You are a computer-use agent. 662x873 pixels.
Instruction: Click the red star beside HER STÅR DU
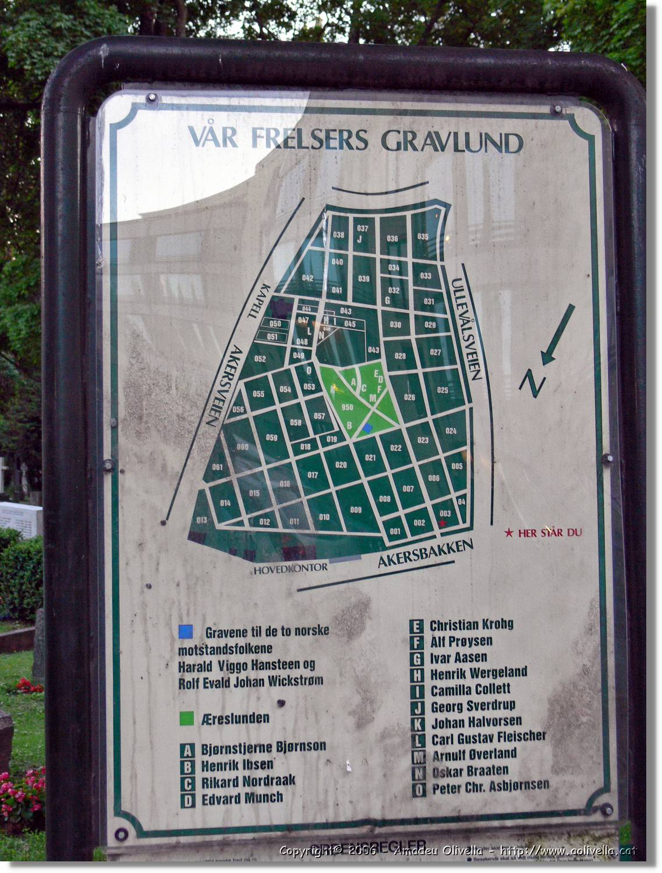509,533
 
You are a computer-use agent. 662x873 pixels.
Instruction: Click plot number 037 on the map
363,228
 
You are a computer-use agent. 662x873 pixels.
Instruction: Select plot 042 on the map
307,278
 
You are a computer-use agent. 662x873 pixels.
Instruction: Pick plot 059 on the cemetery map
271,438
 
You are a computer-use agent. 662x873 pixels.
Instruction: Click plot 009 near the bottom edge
355,510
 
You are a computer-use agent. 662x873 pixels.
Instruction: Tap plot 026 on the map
409,398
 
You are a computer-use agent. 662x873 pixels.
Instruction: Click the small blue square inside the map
367,428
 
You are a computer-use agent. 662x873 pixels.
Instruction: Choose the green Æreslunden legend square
186,718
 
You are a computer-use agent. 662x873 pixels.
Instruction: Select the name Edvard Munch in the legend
242,798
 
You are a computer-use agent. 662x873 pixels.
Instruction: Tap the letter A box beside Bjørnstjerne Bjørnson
187,750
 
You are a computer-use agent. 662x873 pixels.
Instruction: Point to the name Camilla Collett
470,690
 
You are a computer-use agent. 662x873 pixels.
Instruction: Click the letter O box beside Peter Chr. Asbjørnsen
418,790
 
